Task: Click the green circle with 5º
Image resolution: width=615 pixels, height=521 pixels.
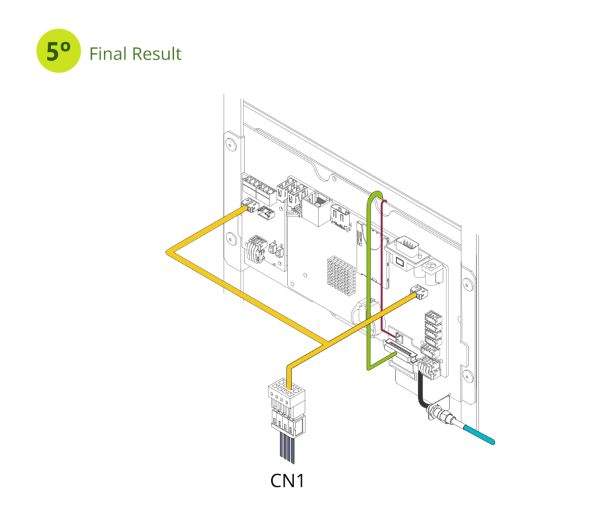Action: pos(59,51)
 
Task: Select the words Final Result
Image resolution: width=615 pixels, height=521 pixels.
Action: pos(136,54)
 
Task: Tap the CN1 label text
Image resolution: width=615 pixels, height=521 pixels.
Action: pos(287,481)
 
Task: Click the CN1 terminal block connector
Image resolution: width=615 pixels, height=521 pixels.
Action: pos(287,408)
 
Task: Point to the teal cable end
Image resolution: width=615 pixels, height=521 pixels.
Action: pos(479,435)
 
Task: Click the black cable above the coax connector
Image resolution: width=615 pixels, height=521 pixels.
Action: pos(421,391)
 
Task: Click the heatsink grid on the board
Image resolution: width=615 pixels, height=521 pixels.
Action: pos(341,275)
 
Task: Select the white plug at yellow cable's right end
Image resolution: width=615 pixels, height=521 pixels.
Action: pos(419,292)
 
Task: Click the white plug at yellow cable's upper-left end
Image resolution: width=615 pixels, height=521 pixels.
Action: pos(249,204)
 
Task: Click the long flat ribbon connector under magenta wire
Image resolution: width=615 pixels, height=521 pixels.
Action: pos(401,352)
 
